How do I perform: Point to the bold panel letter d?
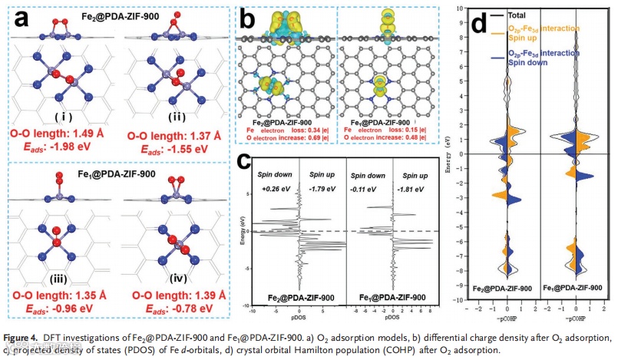point(478,22)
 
